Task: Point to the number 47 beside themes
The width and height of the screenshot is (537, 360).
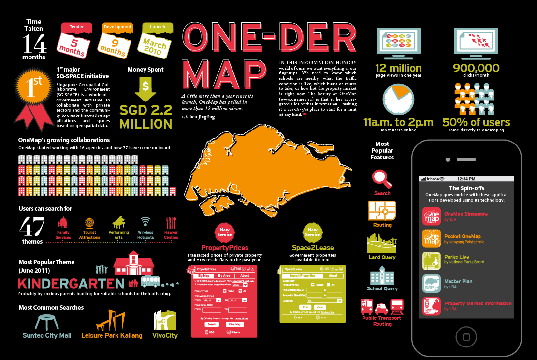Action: (32, 227)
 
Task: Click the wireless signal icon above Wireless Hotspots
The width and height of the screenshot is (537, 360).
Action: (145, 222)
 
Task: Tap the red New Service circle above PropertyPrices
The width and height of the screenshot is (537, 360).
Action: (225, 231)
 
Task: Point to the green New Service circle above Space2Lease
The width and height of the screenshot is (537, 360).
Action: (313, 232)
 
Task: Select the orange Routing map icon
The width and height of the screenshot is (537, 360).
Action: (382, 211)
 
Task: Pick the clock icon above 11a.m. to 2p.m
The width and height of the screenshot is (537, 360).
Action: (398, 99)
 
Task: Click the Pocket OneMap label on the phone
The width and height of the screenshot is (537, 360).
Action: (462, 236)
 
